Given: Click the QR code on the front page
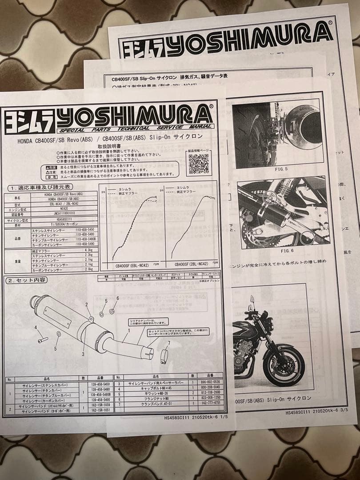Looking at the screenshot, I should (x=199, y=163).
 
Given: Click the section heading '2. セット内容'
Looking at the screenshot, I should (x=27, y=280).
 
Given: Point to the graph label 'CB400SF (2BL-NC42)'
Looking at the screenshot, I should (x=192, y=263).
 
